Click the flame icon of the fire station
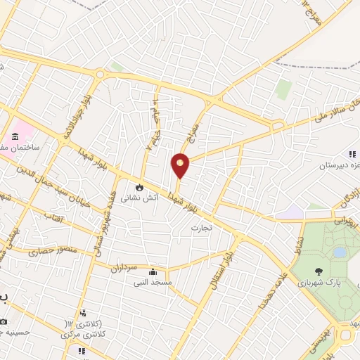[x=140, y=188]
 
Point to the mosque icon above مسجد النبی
[x=153, y=271]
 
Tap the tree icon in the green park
[x=319, y=271]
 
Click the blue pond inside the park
[x=340, y=251]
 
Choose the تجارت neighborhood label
[x=202, y=229]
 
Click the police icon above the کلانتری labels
[x=83, y=313]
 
